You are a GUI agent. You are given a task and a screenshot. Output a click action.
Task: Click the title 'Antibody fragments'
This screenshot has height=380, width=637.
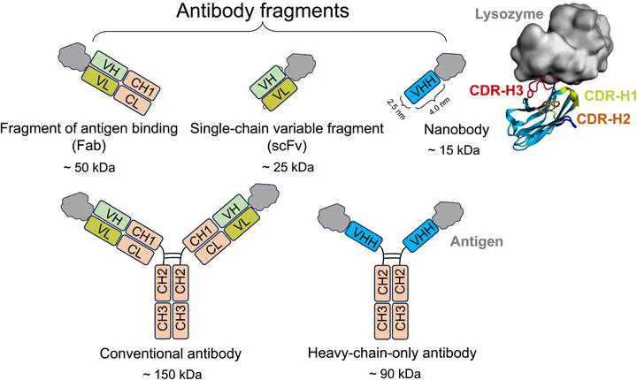[x=263, y=11]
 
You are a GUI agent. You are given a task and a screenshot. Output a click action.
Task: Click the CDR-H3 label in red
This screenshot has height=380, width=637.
[x=496, y=90]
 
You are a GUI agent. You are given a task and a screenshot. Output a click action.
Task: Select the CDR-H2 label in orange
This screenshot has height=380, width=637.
[x=603, y=118]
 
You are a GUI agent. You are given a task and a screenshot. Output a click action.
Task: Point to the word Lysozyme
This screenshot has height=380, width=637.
[x=509, y=14]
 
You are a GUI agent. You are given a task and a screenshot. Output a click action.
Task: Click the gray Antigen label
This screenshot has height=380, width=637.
[x=477, y=241]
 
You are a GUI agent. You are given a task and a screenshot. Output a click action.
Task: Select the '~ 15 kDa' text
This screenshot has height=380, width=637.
[x=454, y=150]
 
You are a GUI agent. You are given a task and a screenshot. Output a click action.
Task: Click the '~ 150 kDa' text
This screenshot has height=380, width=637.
[x=173, y=374]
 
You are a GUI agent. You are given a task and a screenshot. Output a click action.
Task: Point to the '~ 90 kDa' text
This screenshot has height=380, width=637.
[x=395, y=374]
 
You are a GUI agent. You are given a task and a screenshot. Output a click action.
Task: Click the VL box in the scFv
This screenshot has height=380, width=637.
[x=280, y=93]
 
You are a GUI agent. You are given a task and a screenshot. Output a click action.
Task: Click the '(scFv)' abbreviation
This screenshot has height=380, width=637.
[x=287, y=146]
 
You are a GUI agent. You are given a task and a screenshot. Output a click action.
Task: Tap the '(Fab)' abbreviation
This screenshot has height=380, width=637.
[x=89, y=146]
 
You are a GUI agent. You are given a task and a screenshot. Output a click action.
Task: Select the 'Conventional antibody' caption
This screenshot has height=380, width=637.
[x=170, y=353]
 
